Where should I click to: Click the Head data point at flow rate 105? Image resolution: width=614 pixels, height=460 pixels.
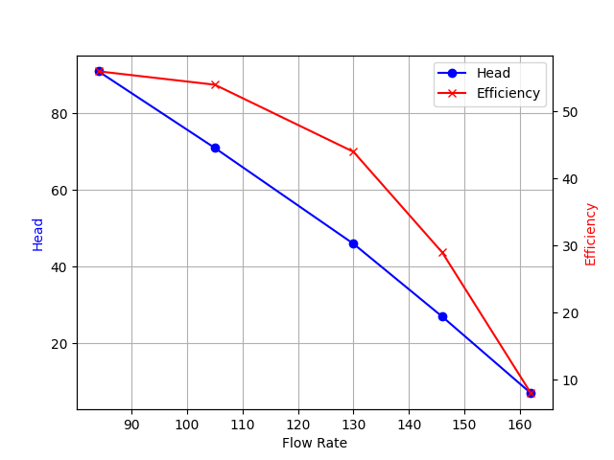215,148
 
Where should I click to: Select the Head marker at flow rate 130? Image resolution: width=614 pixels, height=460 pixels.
353,243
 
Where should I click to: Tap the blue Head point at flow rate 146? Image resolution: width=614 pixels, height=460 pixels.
442,316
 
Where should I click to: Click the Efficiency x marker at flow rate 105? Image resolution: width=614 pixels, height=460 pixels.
215,84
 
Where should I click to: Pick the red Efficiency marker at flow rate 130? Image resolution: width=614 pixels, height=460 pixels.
353,151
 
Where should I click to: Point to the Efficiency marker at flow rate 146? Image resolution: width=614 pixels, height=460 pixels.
442,252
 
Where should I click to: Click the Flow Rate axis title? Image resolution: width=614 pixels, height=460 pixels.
315,443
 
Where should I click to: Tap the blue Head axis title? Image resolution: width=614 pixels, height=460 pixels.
38,234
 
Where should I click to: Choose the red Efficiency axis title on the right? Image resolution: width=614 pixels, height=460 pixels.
591,234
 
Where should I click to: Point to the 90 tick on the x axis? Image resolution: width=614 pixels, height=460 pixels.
131,424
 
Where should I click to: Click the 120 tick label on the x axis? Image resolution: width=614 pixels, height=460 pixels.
298,424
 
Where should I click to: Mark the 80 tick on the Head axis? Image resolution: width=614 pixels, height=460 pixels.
60,114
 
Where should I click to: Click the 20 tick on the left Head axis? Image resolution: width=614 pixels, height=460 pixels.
60,343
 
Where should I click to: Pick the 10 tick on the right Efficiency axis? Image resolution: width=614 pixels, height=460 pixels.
569,379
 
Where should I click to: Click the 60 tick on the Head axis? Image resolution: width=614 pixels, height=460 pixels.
60,191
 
